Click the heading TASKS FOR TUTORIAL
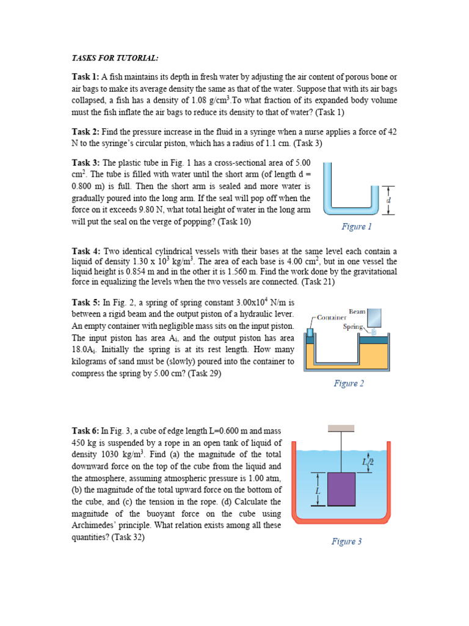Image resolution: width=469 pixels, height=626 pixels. [115, 58]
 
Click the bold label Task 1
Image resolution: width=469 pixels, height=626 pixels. [85, 78]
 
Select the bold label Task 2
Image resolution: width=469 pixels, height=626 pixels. [85, 132]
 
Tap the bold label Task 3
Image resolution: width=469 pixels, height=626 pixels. [85, 163]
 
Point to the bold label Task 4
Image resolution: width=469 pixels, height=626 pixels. [85, 251]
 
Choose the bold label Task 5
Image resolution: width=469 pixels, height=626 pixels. [85, 302]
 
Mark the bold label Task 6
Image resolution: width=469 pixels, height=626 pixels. [85, 432]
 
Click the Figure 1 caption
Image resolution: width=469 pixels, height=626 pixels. [357, 227]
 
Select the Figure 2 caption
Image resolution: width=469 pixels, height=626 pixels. [349, 383]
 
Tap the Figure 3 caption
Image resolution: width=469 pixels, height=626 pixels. [346, 541]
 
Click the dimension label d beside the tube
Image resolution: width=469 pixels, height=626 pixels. [389, 200]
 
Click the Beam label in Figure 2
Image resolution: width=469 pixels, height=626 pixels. [357, 312]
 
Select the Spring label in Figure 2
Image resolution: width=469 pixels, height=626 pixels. [353, 327]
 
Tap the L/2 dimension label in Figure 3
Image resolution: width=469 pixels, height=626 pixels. [367, 462]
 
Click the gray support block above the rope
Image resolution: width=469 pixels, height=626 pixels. [341, 427]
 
